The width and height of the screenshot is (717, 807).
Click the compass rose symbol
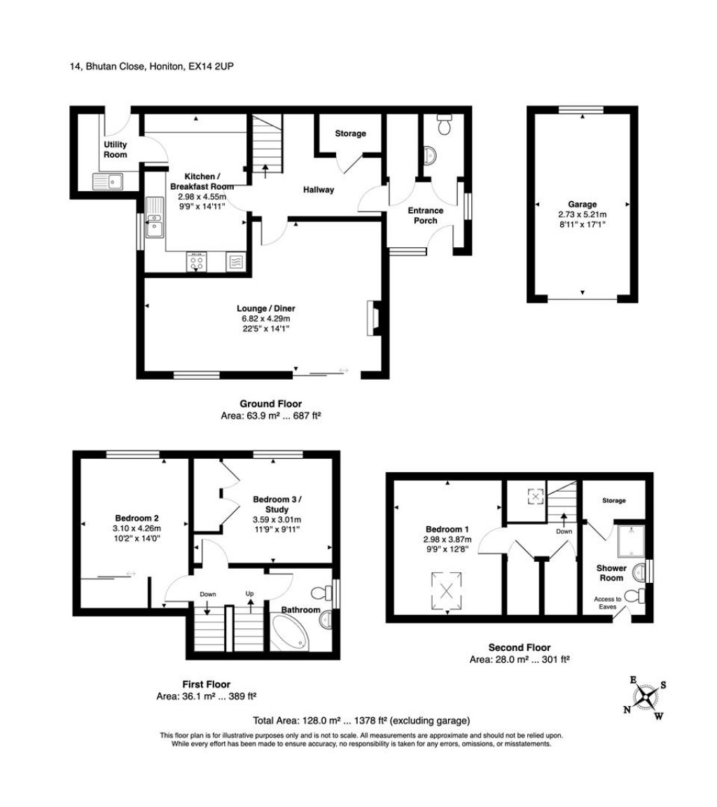pyautogui.click(x=646, y=696)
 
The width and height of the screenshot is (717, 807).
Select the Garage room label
pyautogui.click(x=583, y=205)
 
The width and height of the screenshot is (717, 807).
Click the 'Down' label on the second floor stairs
pyautogui.click(x=563, y=531)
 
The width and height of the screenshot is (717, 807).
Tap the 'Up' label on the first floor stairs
pyautogui.click(x=249, y=593)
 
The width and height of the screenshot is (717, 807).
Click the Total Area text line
pyautogui.click(x=361, y=720)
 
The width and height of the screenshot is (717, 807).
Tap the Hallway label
pyautogui.click(x=319, y=190)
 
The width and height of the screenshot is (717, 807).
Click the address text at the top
pyautogui.click(x=156, y=67)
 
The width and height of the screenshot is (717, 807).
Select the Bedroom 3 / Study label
pyautogui.click(x=277, y=504)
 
